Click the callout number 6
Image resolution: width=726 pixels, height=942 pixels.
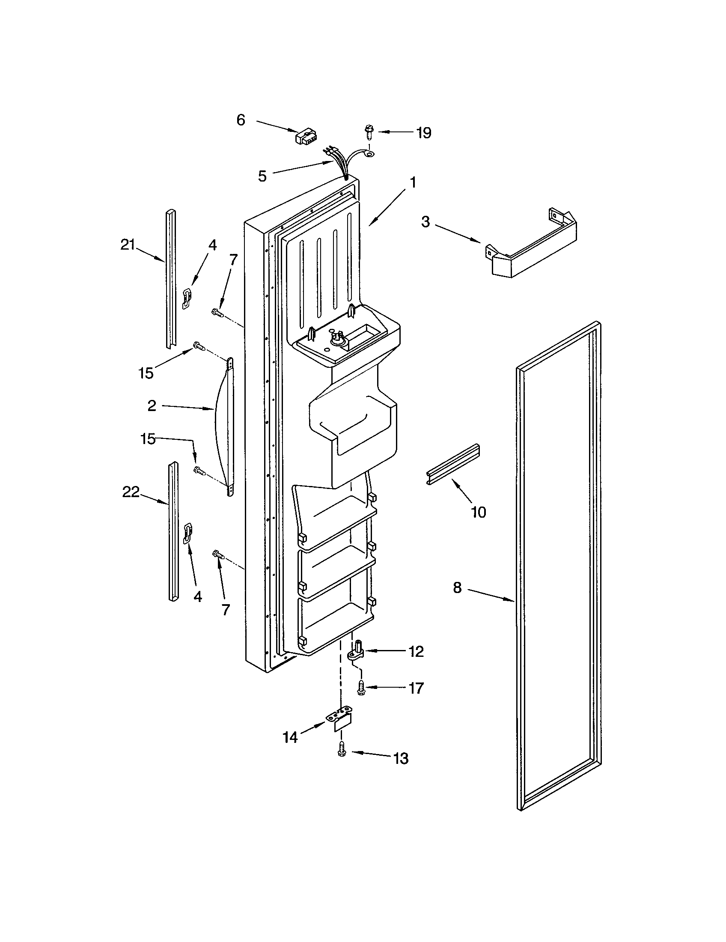click(x=241, y=120)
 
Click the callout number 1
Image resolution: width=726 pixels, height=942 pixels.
click(x=413, y=183)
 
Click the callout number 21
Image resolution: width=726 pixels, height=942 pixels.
click(x=128, y=245)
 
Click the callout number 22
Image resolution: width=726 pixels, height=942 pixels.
click(x=131, y=492)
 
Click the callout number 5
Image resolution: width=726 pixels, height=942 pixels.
click(x=262, y=176)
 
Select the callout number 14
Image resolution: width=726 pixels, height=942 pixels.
click(x=290, y=738)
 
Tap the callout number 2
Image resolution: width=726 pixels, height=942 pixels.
click(x=152, y=405)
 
